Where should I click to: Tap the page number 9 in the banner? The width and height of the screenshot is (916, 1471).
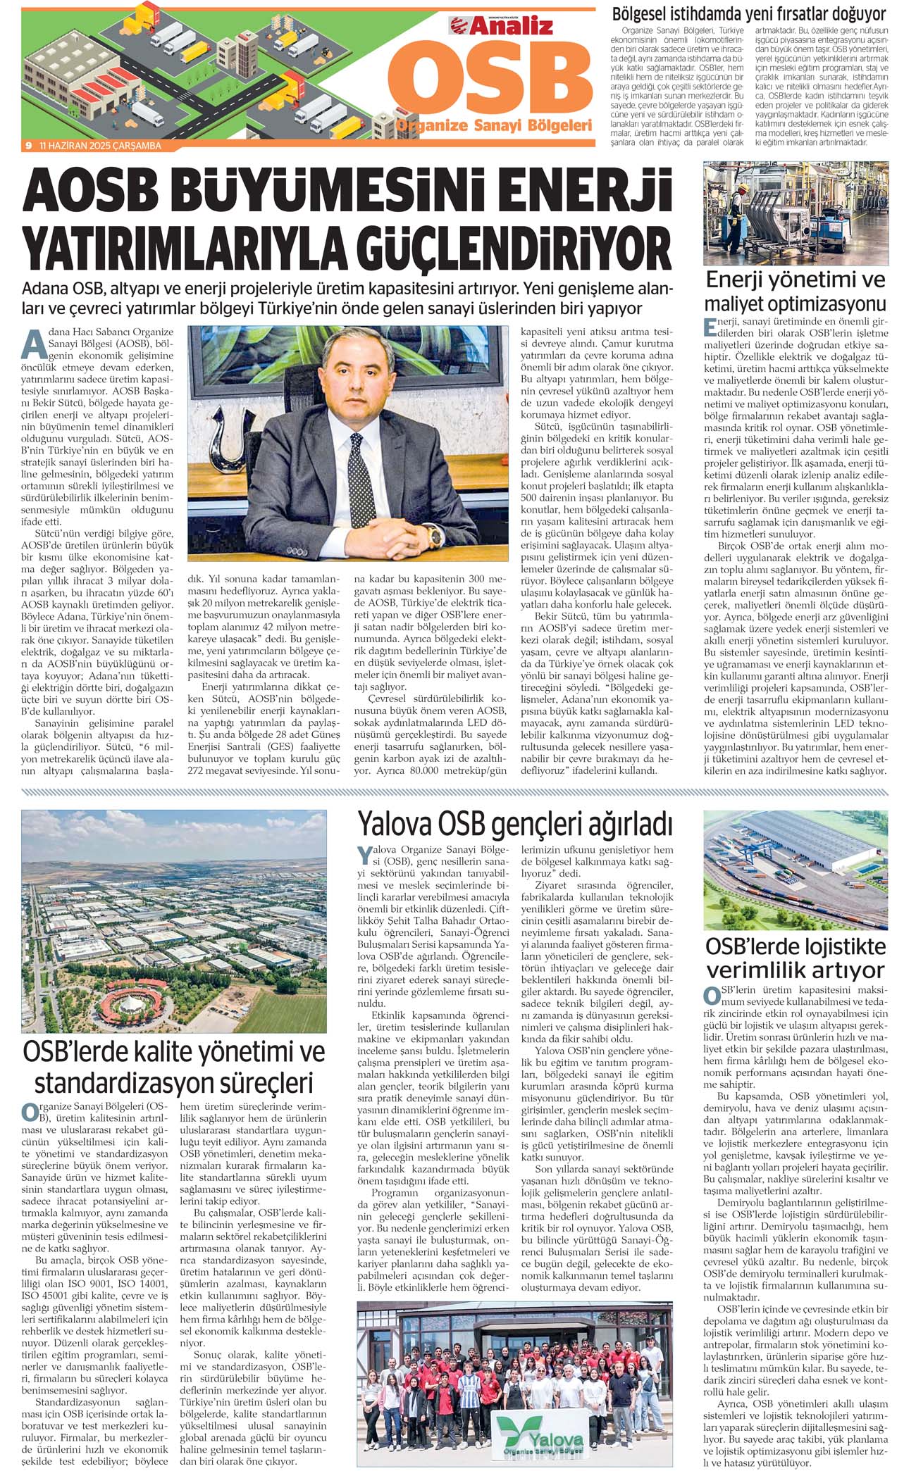pyautogui.click(x=28, y=146)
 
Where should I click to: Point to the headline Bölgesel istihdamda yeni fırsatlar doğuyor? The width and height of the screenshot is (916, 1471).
pyautogui.click(x=749, y=13)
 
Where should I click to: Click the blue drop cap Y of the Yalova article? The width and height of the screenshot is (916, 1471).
pyautogui.click(x=364, y=856)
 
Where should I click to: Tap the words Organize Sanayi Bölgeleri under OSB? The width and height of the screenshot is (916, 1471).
pyautogui.click(x=493, y=125)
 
